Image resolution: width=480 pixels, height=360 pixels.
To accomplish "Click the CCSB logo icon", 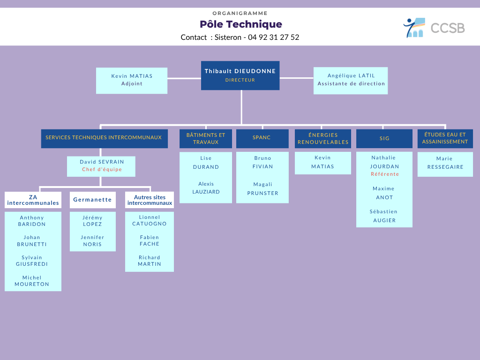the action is point(414,28).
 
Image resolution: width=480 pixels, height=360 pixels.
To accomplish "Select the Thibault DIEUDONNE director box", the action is point(240,75).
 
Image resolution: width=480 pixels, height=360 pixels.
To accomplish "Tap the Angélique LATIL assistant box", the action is point(351,81).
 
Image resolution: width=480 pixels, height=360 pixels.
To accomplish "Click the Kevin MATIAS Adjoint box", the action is point(132,81).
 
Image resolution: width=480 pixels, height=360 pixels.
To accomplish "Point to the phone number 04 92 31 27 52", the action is point(273,37).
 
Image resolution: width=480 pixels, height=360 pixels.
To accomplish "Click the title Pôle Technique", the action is point(241,24).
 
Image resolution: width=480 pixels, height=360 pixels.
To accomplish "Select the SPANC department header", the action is point(262,139).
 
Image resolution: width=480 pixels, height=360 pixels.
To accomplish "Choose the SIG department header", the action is point(384,139).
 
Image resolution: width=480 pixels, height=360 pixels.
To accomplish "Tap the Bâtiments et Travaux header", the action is point(206,139).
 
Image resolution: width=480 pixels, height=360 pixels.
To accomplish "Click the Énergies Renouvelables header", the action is point(323,139).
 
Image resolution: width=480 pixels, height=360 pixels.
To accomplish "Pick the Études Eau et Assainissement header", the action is point(445,139).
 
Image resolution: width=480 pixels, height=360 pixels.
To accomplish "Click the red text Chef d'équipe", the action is point(102,169).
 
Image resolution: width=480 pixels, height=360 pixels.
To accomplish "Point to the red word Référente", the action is point(385,174).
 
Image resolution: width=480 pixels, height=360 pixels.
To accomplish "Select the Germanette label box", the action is point(93,200).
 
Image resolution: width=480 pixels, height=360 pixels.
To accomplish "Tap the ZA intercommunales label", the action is point(33,200).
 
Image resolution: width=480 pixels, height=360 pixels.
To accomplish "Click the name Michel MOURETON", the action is point(32,281).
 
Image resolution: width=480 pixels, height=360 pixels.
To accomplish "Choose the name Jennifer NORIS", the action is point(92,240).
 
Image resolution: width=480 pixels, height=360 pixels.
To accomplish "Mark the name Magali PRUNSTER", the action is point(262,188).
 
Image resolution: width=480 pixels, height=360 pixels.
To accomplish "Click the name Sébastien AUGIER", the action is point(384,216).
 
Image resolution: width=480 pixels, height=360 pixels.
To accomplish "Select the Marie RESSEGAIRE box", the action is point(445,165).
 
